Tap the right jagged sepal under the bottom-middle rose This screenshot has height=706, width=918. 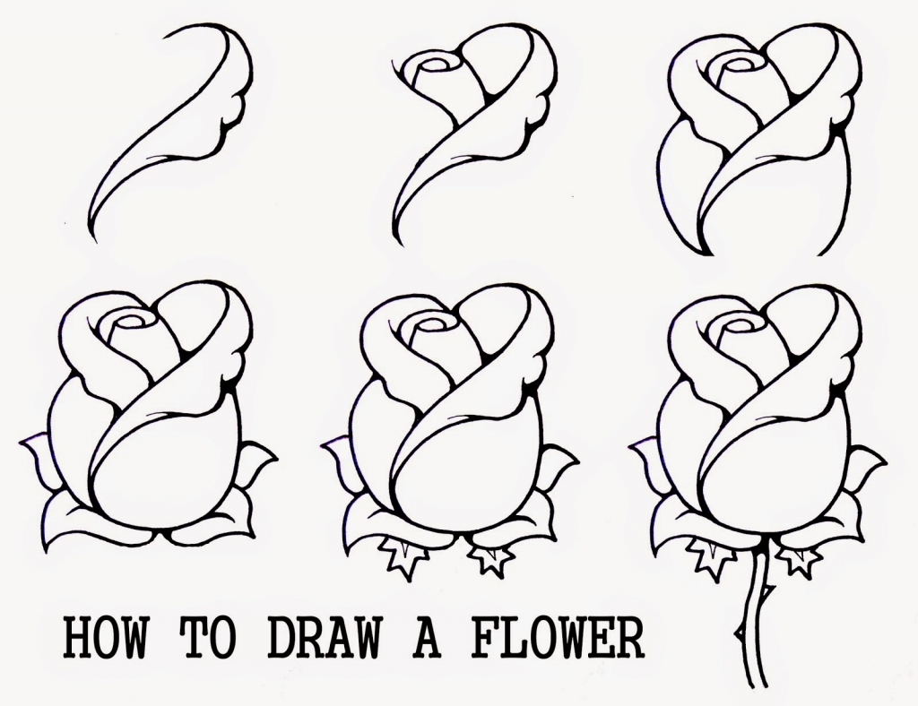click(x=490, y=557)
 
